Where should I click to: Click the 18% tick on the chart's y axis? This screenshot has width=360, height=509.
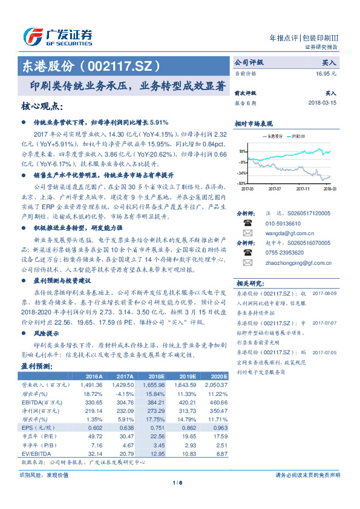tap(242, 151)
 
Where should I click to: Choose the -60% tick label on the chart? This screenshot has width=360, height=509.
tap(241, 183)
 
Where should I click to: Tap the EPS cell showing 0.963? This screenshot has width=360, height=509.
tap(216, 427)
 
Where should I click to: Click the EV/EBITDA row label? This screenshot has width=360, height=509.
tap(38, 453)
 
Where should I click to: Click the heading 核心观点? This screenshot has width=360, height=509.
tap(42, 107)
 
